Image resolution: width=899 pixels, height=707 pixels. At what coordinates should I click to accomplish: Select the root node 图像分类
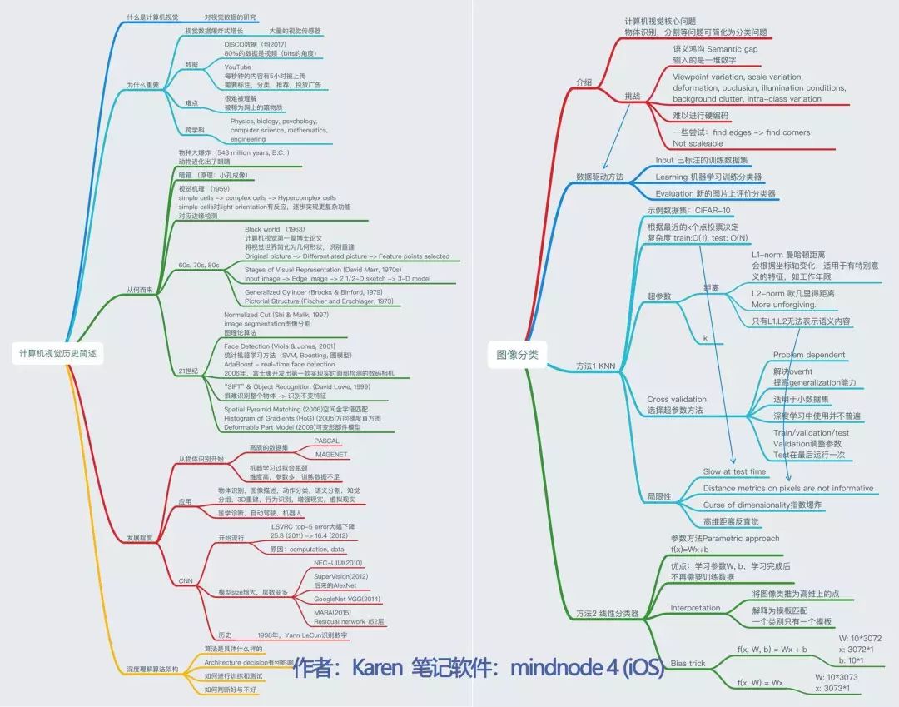517,355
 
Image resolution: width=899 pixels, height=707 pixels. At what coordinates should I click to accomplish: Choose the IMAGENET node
330,455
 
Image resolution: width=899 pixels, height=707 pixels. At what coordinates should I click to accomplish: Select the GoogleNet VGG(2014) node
347,599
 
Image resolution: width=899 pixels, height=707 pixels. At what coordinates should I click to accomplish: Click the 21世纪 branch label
189,370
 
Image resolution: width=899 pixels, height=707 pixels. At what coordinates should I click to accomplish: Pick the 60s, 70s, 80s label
199,265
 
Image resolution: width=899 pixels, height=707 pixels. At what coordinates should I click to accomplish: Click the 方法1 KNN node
596,366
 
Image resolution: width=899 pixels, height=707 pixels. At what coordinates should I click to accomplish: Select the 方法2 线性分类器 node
608,613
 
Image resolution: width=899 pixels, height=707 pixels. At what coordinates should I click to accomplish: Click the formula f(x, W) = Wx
760,682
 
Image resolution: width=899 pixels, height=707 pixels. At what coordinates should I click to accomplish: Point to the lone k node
705,338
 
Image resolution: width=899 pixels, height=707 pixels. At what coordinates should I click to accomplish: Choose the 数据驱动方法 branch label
599,177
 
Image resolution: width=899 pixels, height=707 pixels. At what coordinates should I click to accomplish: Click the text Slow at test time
734,471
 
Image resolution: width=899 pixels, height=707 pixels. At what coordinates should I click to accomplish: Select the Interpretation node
695,608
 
